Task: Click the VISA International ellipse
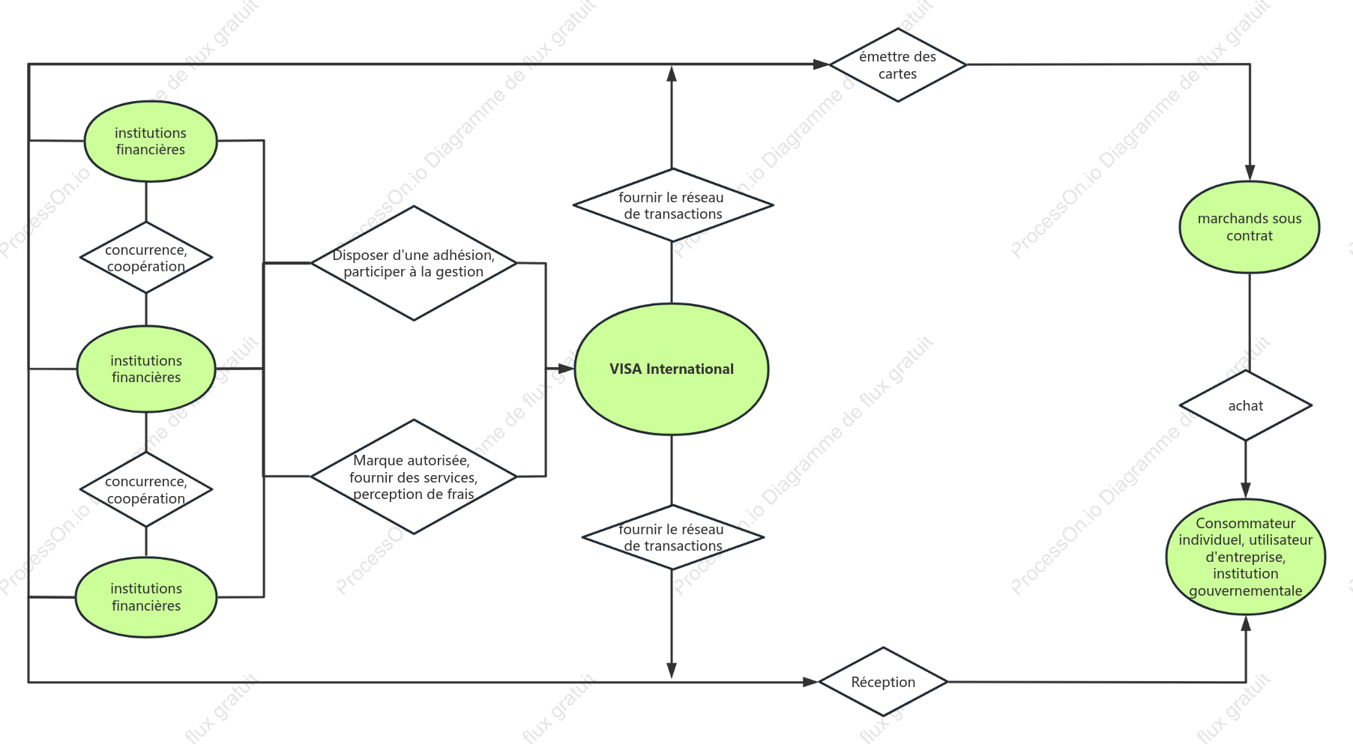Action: pyautogui.click(x=672, y=369)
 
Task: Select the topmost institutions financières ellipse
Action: pyautogui.click(x=151, y=141)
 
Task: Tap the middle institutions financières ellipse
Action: pyautogui.click(x=146, y=369)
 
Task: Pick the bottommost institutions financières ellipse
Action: pyautogui.click(x=146, y=597)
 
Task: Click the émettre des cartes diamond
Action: pyautogui.click(x=898, y=65)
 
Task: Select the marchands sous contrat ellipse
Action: pyautogui.click(x=1250, y=227)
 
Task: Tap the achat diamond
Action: pyautogui.click(x=1246, y=405)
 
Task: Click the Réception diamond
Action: pyautogui.click(x=884, y=682)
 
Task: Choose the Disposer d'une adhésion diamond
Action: pyautogui.click(x=414, y=263)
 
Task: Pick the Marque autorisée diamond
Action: pyautogui.click(x=414, y=477)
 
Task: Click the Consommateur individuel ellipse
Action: pyautogui.click(x=1246, y=557)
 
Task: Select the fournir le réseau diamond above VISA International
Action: pyautogui.click(x=673, y=205)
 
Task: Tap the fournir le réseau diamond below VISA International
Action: pyautogui.click(x=673, y=537)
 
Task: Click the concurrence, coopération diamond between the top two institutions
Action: pyautogui.click(x=146, y=258)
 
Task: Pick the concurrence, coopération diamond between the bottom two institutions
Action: pyautogui.click(x=146, y=489)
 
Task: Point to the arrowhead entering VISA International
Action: pyautogui.click(x=567, y=369)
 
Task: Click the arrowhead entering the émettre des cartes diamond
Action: pyautogui.click(x=822, y=64)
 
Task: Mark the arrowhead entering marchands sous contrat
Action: pyautogui.click(x=1250, y=173)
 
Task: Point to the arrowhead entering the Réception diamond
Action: pyautogui.click(x=811, y=682)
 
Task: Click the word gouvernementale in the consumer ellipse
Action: pyautogui.click(x=1246, y=590)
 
